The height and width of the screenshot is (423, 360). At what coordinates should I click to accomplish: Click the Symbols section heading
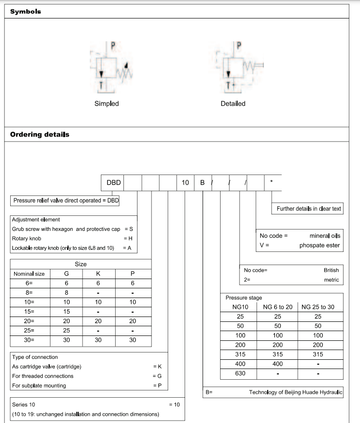[26, 12]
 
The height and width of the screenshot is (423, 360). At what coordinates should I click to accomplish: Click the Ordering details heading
[40, 134]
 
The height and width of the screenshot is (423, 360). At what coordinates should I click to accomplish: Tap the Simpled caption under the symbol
[106, 104]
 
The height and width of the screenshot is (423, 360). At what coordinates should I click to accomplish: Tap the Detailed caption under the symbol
[233, 104]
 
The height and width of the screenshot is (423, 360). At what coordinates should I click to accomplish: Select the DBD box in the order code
[113, 183]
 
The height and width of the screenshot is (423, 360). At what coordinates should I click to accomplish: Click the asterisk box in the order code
[272, 183]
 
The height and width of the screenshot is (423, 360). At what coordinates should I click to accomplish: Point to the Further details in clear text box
[309, 209]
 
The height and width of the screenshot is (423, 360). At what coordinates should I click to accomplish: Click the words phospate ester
[320, 245]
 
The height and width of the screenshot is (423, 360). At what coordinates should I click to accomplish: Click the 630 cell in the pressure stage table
[240, 373]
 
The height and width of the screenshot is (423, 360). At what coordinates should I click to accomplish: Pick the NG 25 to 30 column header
[318, 307]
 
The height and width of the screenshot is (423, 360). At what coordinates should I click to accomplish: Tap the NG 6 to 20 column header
[277, 307]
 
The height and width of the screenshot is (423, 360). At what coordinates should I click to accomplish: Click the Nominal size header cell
[29, 274]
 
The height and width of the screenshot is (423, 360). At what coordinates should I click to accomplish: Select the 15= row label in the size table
[29, 311]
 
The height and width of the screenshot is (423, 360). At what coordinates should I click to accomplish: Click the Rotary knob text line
[26, 238]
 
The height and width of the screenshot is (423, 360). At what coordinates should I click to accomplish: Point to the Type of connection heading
[34, 357]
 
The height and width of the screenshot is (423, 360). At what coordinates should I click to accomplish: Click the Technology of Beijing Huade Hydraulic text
[295, 392]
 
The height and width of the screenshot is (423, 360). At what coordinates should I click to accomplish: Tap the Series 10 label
[23, 404]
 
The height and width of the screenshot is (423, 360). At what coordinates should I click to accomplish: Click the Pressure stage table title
[243, 298]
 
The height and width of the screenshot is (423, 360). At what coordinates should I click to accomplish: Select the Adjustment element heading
[35, 219]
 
